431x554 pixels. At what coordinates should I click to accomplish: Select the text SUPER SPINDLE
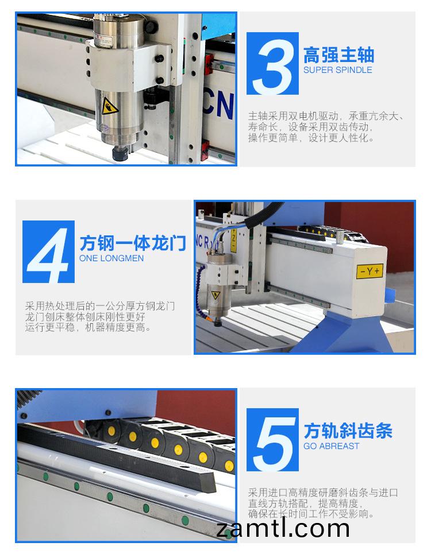tap(338, 70)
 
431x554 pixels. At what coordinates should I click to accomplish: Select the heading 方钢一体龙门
tap(132, 243)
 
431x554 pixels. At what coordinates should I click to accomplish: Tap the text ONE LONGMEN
tap(111, 258)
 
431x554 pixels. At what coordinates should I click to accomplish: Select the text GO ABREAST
tap(332, 446)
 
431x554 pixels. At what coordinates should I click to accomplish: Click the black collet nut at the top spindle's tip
tap(119, 153)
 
